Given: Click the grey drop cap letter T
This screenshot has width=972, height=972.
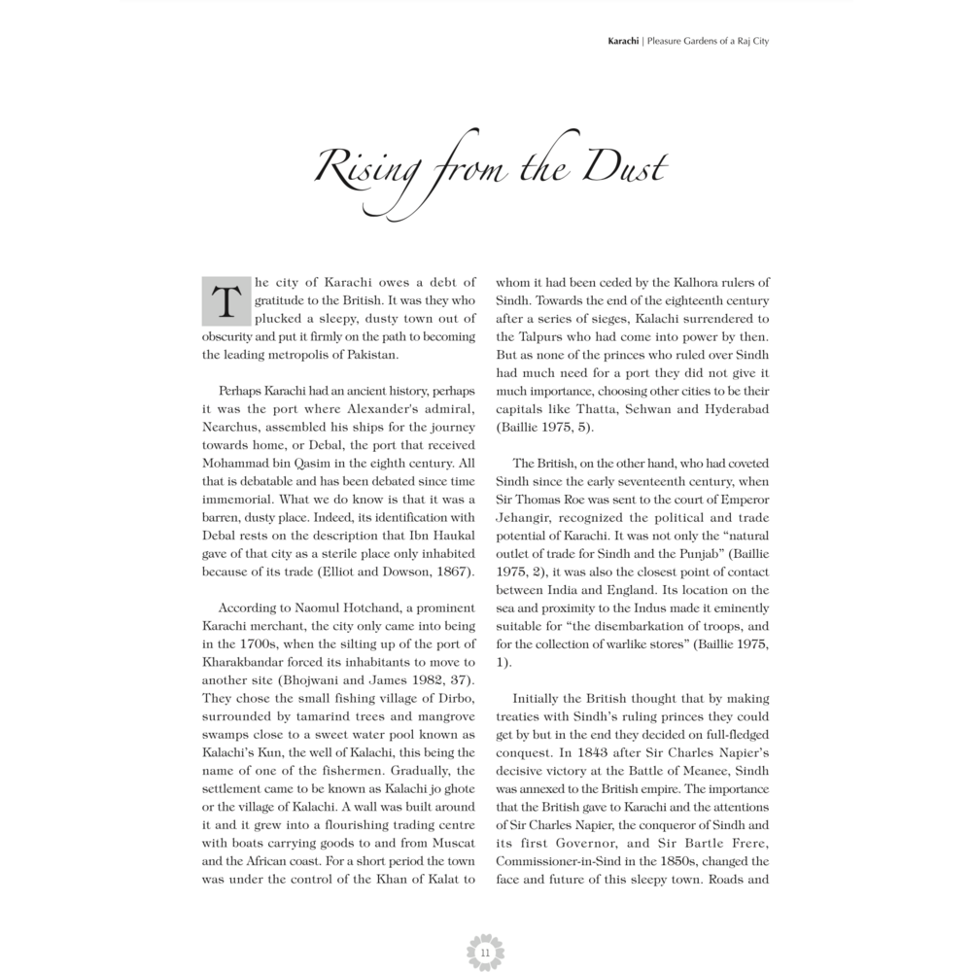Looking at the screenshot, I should (225, 300).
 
